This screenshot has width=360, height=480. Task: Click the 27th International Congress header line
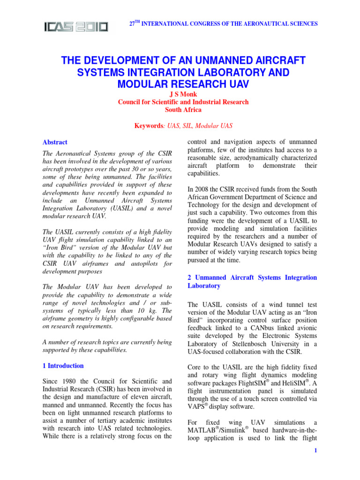pyautogui.click(x=223, y=23)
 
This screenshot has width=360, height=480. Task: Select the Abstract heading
pyautogui.click(x=55, y=142)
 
